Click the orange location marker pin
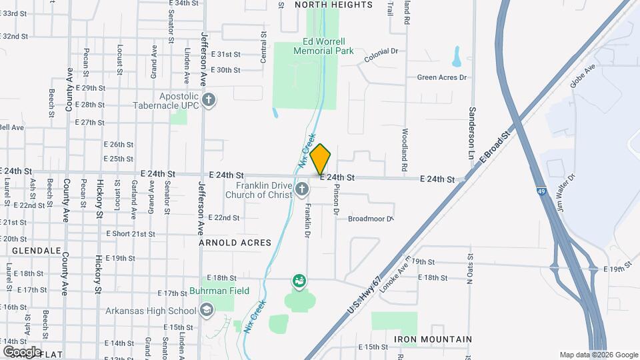pos(321,159)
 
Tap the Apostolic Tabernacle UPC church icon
pos(209,100)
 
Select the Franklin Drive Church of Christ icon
pos(302,189)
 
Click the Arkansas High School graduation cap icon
pos(207,310)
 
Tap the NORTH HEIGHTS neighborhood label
pos(333,5)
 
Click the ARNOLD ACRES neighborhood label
pos(235,243)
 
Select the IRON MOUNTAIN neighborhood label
pos(433,339)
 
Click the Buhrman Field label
pos(218,291)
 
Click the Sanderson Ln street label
pos(471,128)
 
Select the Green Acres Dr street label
pos(442,77)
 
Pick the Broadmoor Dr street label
pos(371,218)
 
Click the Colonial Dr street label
pos(381,55)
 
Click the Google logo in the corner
pos(22,351)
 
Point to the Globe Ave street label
pos(581,77)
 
